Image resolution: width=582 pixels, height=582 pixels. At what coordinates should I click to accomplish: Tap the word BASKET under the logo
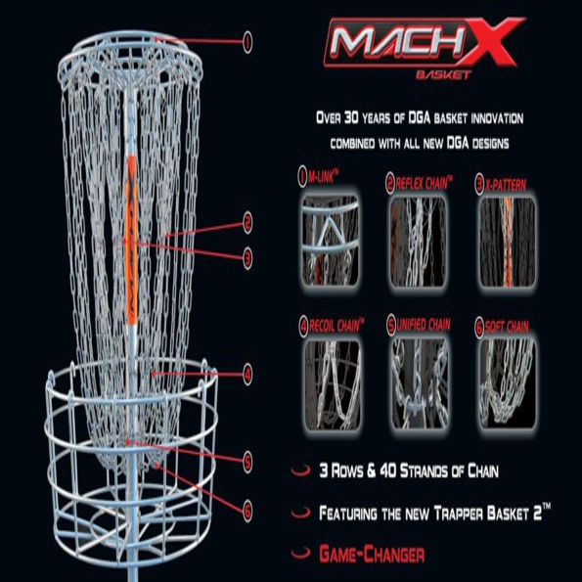tap(443, 74)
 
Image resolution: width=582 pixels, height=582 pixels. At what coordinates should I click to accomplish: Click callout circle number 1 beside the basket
tap(247, 40)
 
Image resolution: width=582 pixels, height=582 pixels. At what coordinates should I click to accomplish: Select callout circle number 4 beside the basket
tap(248, 373)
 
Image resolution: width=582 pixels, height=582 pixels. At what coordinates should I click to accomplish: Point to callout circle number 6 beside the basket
tap(248, 508)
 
